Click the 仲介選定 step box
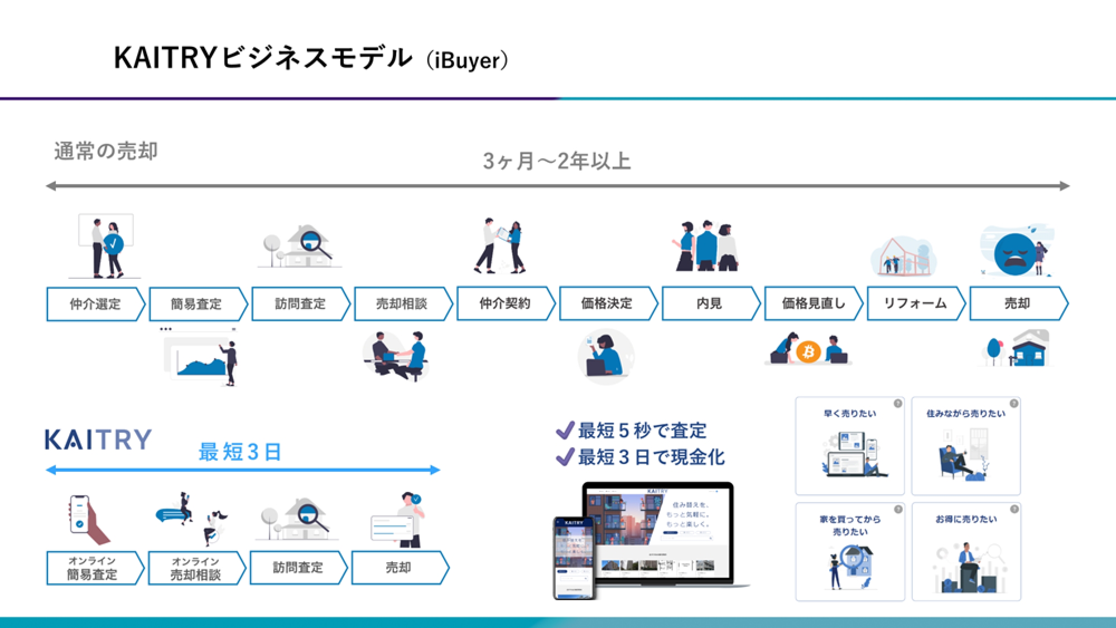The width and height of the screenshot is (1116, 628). tap(95, 304)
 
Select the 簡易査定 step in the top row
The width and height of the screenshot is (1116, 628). tap(196, 304)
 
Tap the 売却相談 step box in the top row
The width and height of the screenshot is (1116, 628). tap(402, 304)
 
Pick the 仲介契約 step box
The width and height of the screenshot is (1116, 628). tap(504, 304)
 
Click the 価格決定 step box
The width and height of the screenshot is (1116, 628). tap(607, 304)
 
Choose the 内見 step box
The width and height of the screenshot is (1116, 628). tap(709, 304)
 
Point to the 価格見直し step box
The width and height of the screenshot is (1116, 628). tap(812, 304)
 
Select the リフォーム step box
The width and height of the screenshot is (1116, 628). tap(915, 304)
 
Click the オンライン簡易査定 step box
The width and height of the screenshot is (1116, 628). tap(93, 568)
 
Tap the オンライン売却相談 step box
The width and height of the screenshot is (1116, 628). tap(195, 568)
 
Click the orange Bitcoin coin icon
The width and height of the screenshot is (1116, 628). tap(808, 352)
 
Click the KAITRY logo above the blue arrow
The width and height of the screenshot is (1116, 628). tap(98, 439)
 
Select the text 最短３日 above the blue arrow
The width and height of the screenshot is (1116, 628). tap(240, 452)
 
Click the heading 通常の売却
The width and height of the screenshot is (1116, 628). tap(106, 151)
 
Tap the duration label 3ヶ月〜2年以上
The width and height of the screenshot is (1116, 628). tap(557, 161)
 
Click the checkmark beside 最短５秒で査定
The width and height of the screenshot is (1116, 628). tap(565, 431)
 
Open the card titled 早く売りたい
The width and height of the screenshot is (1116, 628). tap(850, 446)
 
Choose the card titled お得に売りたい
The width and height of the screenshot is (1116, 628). tap(966, 551)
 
